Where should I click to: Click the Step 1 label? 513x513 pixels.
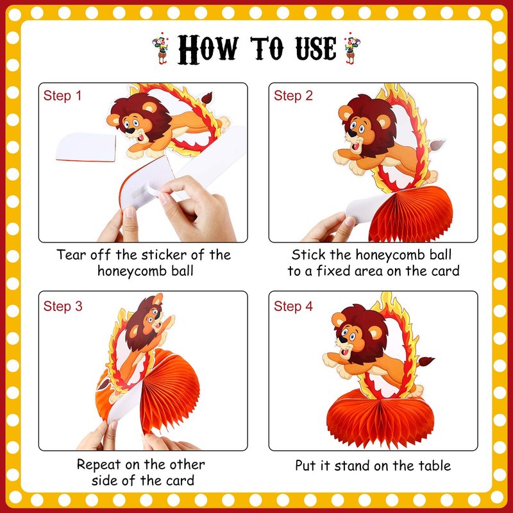pos(62,96)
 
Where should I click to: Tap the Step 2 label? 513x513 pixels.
pos(293,96)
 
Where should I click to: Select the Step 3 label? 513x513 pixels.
pos(63,307)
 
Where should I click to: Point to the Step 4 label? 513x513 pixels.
pos(293,307)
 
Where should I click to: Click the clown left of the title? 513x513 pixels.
pos(161,48)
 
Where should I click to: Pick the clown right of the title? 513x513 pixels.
pos(351,48)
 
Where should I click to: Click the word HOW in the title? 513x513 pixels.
pos(208,49)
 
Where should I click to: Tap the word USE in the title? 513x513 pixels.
pos(315,49)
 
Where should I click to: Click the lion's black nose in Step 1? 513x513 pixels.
pos(130,131)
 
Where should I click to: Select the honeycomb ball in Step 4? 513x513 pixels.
pos(380,418)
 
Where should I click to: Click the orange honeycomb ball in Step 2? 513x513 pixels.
pos(410,213)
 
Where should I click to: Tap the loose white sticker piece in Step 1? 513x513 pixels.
pos(86,147)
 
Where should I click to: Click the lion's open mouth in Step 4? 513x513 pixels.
pos(344,353)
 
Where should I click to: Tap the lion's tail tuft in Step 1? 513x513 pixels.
pos(206,97)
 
